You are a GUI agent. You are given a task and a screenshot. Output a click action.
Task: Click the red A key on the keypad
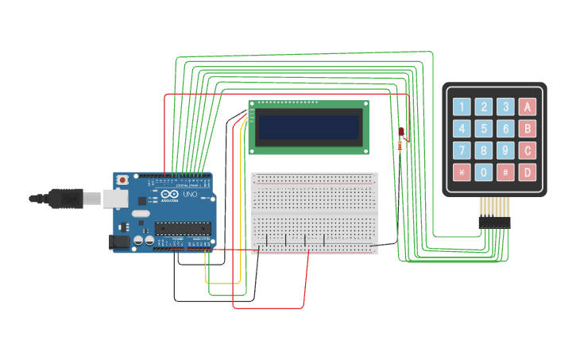coord(527,106)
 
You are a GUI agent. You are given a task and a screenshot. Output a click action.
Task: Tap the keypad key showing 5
coord(483,129)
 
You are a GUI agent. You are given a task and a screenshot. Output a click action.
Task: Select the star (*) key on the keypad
coord(462,172)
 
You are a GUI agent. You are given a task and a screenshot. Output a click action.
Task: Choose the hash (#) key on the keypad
coord(505,172)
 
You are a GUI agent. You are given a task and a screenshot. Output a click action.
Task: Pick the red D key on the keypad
coord(527,172)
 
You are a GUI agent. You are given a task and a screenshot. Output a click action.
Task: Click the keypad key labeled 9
coord(505,150)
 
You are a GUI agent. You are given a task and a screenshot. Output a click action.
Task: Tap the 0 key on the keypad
coord(483,172)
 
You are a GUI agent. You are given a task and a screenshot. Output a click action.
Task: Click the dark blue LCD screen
coord(309,126)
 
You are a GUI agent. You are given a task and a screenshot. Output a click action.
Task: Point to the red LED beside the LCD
coord(401,131)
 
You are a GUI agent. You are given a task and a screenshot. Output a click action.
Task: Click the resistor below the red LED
coord(399,145)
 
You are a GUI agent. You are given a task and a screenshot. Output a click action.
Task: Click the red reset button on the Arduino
coord(122,181)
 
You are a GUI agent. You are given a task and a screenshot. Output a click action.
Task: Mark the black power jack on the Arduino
coord(119,242)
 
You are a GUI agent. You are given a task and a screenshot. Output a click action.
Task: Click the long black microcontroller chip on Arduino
coord(183,229)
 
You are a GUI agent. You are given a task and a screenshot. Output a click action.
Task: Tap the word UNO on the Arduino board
coord(191,195)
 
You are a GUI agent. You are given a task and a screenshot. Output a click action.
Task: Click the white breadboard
coord(315,213)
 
